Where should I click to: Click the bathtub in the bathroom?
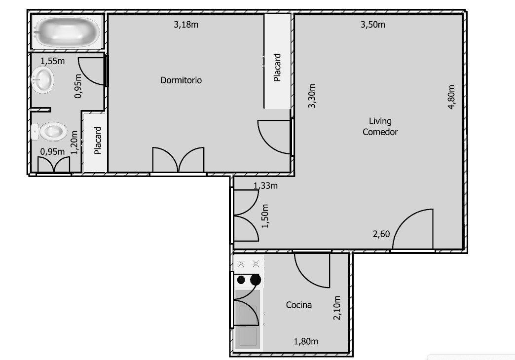(x=67, y=32)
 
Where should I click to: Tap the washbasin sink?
(x=43, y=79)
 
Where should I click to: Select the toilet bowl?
(x=49, y=131)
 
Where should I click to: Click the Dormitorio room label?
(x=181, y=80)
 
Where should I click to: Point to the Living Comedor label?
(x=380, y=126)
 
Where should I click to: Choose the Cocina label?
(x=298, y=305)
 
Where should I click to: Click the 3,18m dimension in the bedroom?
(x=186, y=25)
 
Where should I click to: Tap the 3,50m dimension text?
(x=373, y=25)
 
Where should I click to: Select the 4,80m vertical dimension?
(x=451, y=97)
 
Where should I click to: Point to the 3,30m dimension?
(x=312, y=96)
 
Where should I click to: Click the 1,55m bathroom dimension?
(x=53, y=61)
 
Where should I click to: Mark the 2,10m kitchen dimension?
(x=337, y=308)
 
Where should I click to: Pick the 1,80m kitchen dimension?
(x=306, y=342)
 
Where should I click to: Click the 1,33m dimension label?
(x=265, y=186)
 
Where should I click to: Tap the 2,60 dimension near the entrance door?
(x=381, y=234)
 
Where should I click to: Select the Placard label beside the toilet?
(x=98, y=140)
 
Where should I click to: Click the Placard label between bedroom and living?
(x=278, y=68)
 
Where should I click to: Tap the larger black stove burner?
(x=256, y=280)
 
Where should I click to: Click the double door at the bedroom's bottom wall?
(x=179, y=160)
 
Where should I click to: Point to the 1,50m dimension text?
(x=265, y=216)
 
